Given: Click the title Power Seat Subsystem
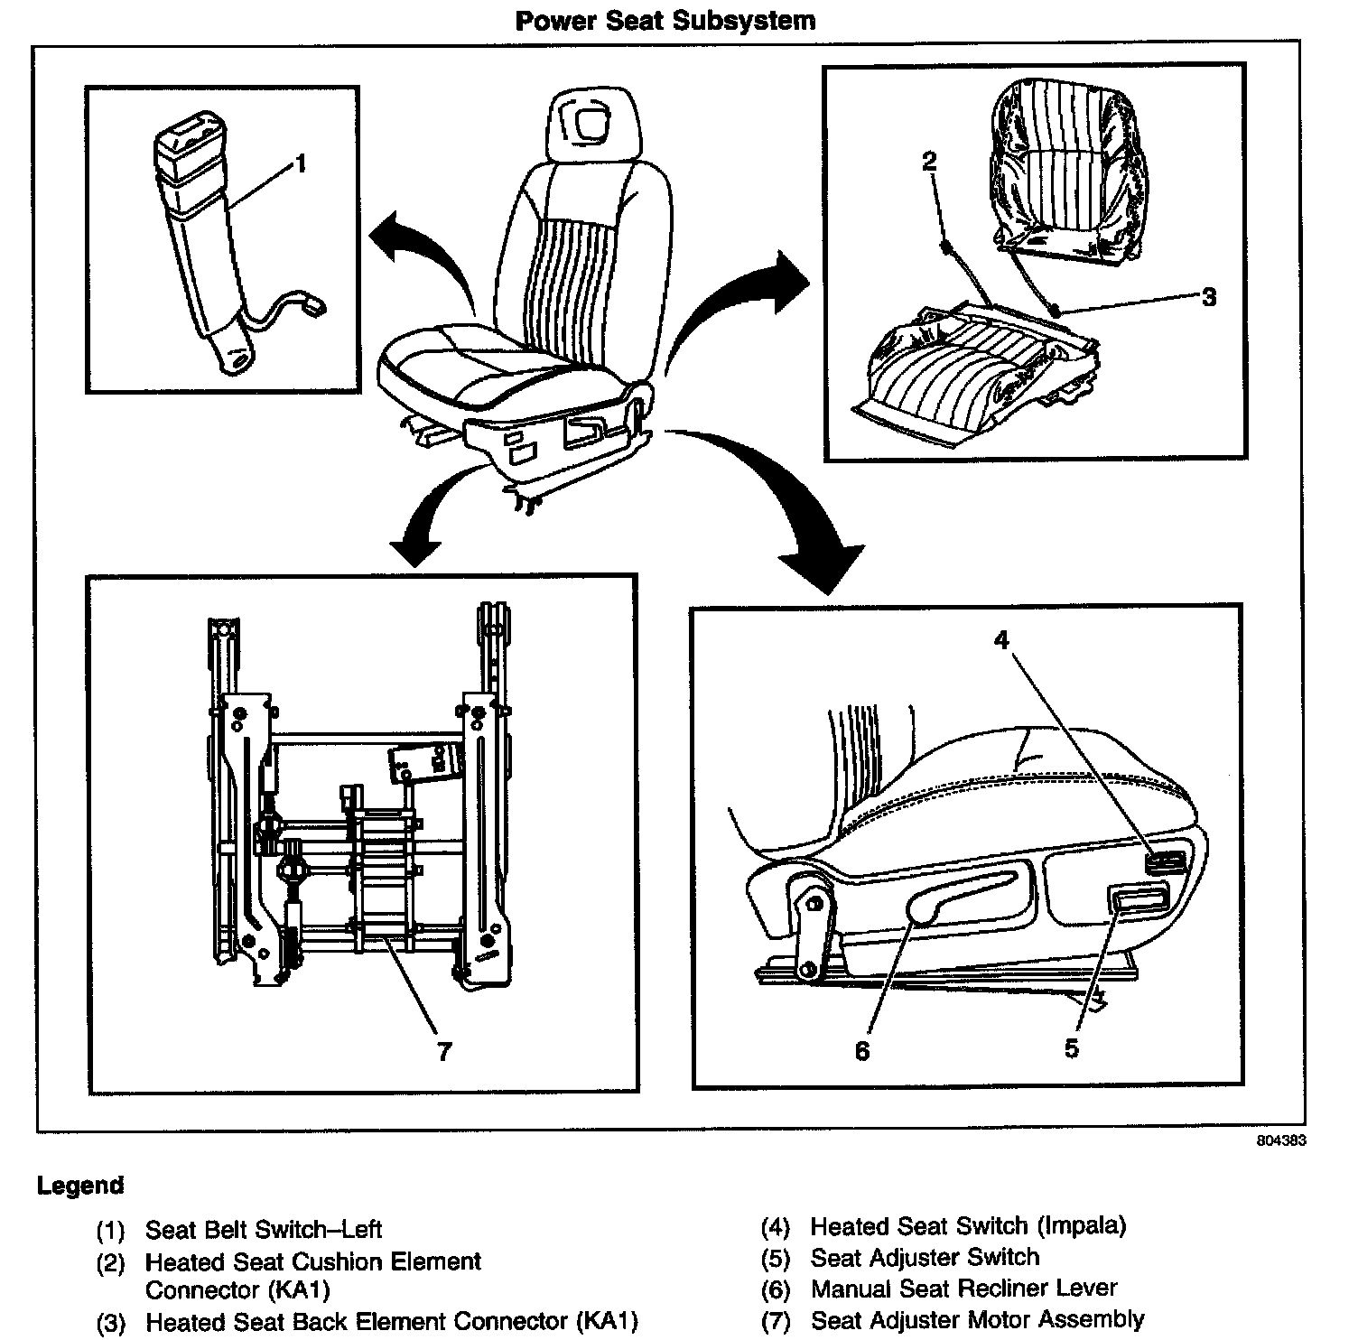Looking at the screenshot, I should [x=665, y=20].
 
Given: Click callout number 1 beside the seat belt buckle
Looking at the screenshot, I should [x=301, y=163].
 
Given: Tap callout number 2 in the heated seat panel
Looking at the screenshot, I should [x=929, y=161].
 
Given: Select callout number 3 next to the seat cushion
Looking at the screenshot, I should [x=1209, y=297].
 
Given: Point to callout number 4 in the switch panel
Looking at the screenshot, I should [x=1001, y=639].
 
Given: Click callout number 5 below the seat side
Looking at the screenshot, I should [x=1072, y=1048].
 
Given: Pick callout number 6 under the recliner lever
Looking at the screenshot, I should [x=862, y=1051].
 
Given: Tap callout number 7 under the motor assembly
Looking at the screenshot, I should [x=443, y=1052].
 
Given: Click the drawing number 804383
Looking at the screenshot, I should [x=1281, y=1140].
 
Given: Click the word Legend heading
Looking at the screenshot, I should [x=80, y=1186].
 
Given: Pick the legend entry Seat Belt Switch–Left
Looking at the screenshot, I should [x=264, y=1229].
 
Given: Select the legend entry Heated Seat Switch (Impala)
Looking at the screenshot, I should [x=968, y=1225].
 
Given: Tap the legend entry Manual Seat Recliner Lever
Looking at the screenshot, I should [x=964, y=1289].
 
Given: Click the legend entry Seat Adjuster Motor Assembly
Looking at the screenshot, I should [x=978, y=1320].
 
